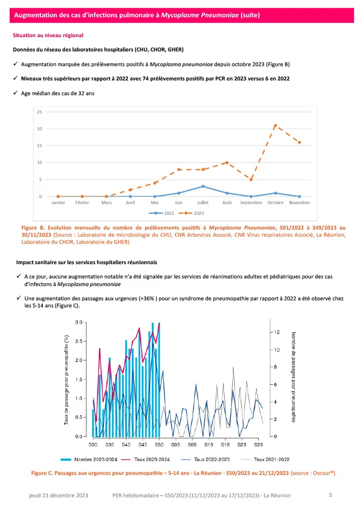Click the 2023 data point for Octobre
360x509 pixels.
click(275, 125)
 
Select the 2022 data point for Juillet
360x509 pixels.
click(203, 186)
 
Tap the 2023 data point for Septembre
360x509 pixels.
click(251, 179)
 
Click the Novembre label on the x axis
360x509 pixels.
click(299, 203)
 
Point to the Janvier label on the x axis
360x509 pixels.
click(58, 203)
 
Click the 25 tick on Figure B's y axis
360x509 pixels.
click(40, 111)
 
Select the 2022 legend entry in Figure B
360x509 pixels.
click(165, 213)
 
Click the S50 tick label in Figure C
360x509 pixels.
click(159, 445)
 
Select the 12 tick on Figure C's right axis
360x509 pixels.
click(276, 332)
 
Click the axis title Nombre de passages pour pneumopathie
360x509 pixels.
click(294, 377)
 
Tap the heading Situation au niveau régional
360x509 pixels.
click(48, 36)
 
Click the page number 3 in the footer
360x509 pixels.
click(330, 494)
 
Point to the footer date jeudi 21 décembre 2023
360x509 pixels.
click(59, 495)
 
